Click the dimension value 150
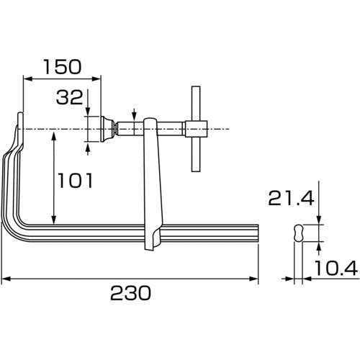pyautogui.click(x=63, y=66)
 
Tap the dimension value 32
pyautogui.click(x=70, y=97)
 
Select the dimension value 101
pyautogui.click(x=75, y=181)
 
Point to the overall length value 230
pyautogui.click(x=131, y=293)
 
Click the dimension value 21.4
pyautogui.click(x=291, y=199)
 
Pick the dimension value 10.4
pyautogui.click(x=336, y=268)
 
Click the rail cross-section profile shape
pyautogui.click(x=298, y=233)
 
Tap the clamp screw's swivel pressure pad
pyautogui.click(x=107, y=129)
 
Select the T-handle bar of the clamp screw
pyautogui.click(x=196, y=129)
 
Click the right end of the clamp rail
pyautogui.click(x=258, y=233)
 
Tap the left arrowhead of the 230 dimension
pyautogui.click(x=6, y=279)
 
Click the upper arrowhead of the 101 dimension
pyautogui.click(x=54, y=135)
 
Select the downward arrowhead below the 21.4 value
pyautogui.click(x=319, y=220)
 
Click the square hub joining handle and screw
pyautogui.click(x=196, y=129)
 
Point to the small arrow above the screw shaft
pyautogui.click(x=134, y=115)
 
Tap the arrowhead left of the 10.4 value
pyautogui.click(x=289, y=279)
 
